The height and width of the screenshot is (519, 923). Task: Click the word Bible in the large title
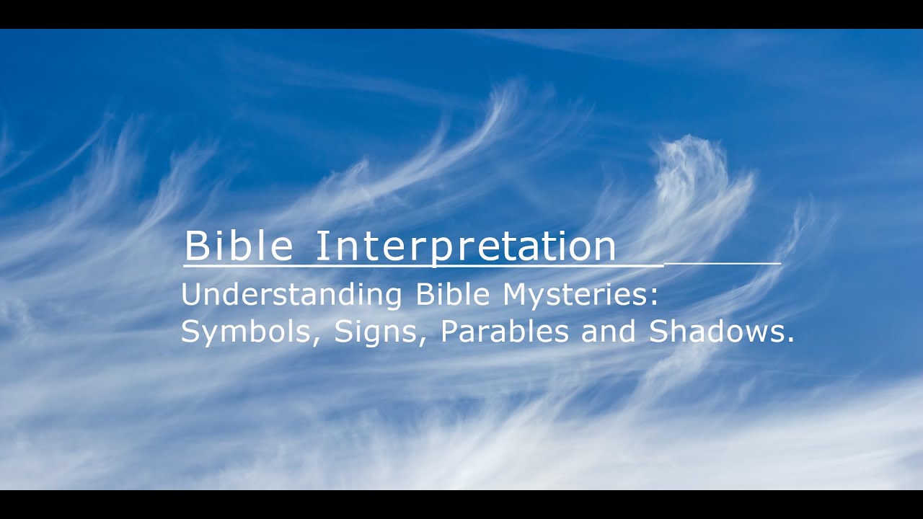[x=239, y=246]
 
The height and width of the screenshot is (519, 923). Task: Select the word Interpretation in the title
[x=466, y=247]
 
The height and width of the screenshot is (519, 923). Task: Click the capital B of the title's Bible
[x=196, y=246]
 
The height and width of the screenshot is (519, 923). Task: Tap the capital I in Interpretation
[x=321, y=246]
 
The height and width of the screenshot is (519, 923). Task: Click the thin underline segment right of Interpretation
[x=721, y=264]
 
